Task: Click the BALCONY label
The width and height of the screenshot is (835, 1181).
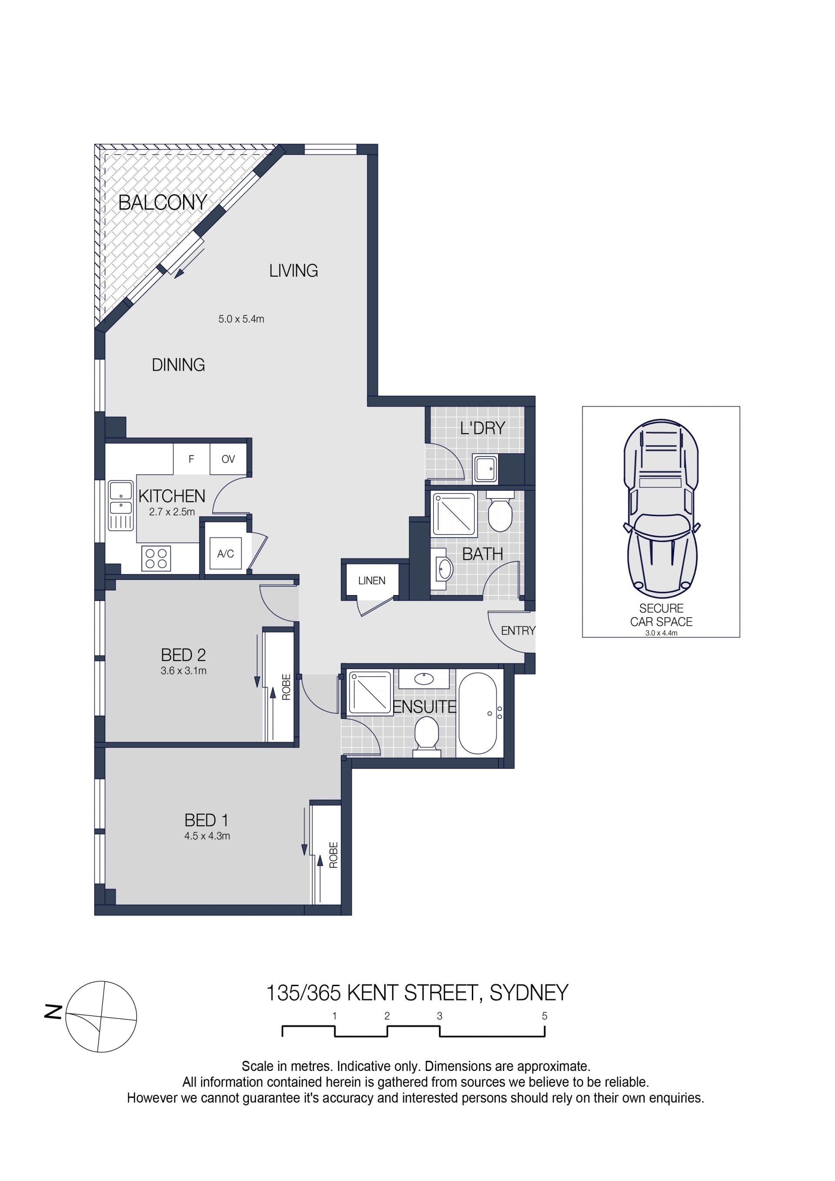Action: coord(163,202)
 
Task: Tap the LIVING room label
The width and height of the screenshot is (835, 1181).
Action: coord(294,271)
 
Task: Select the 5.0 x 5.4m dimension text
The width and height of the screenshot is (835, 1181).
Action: coord(241,319)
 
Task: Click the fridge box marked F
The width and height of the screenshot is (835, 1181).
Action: coord(191,459)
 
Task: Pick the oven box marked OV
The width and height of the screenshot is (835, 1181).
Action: coord(228,459)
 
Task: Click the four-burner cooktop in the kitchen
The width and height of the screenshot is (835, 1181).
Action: coord(156,558)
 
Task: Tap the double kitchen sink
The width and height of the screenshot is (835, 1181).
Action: coord(121,505)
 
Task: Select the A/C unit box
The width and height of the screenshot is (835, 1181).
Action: coord(226,553)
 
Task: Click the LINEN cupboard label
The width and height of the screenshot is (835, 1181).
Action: coord(372,581)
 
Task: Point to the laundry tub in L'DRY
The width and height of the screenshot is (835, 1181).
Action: coord(485,469)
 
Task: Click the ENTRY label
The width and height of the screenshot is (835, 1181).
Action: coord(518,631)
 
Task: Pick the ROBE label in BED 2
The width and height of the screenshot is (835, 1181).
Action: coord(287,687)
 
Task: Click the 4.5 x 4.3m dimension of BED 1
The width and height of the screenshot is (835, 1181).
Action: coord(207,836)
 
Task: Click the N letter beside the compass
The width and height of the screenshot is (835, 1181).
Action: coord(53,1012)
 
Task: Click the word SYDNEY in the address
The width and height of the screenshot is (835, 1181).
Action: coord(529,993)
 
